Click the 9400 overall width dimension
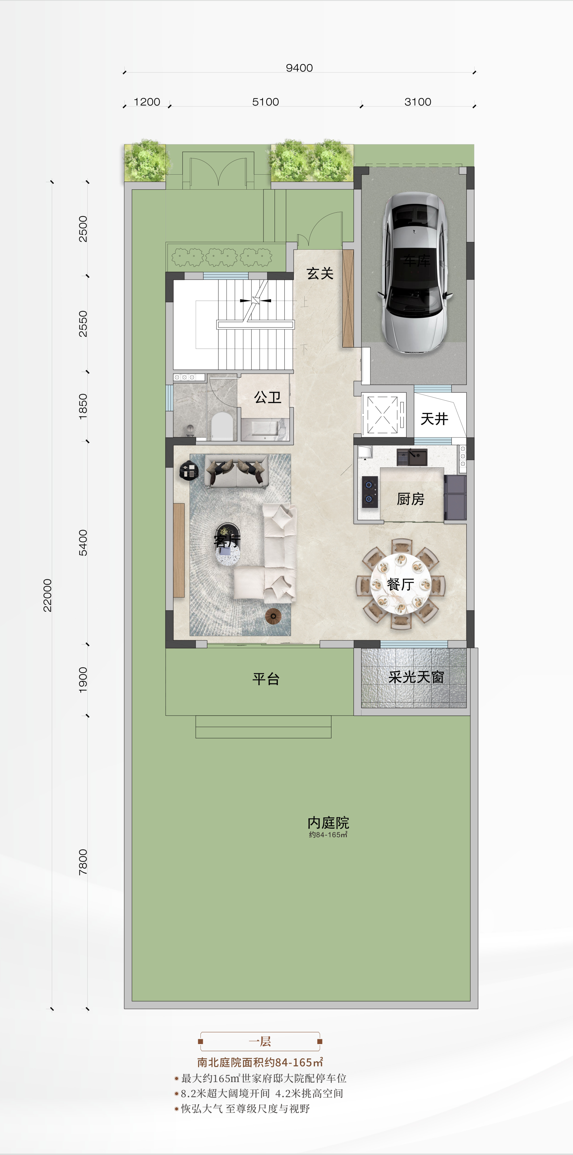point(299,68)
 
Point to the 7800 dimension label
point(83,862)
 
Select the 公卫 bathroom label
point(267,397)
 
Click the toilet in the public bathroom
point(222,426)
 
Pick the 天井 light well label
point(434,419)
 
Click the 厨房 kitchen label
point(410,499)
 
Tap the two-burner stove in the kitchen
point(369,491)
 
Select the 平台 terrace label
point(266,678)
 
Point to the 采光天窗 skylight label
point(416,677)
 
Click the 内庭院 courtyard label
point(328,823)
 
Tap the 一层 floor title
point(260,1041)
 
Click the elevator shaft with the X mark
point(383,415)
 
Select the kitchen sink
point(417,457)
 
